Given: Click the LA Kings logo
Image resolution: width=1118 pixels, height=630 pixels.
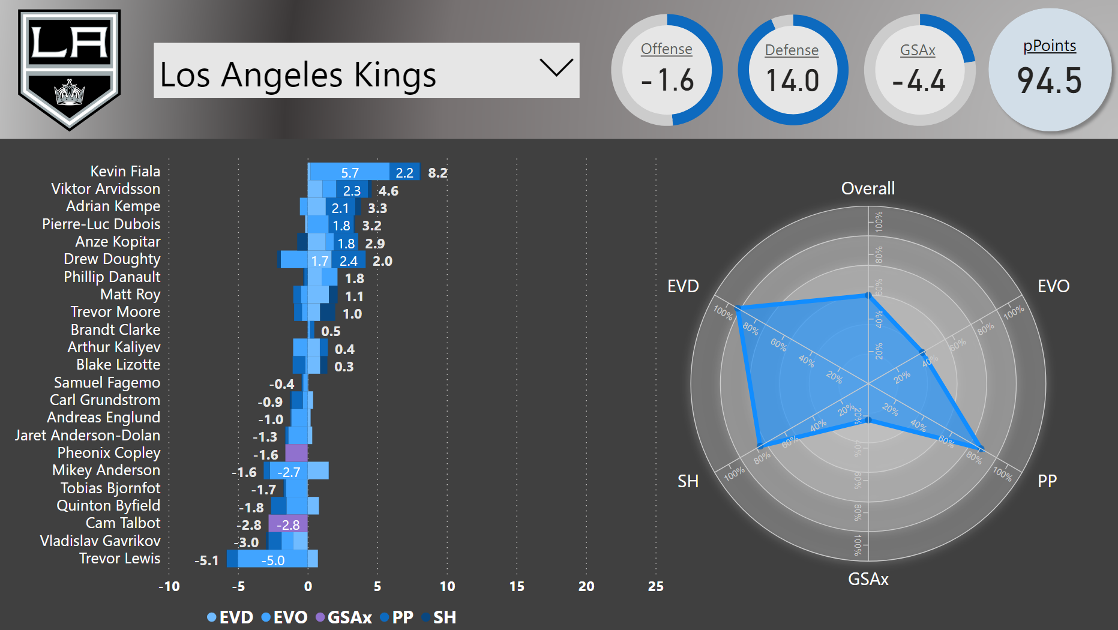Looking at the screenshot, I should pos(69,69).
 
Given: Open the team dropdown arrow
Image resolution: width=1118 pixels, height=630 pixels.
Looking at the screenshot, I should pos(556,67).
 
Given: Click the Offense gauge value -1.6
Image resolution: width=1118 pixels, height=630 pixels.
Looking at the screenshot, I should pos(667,80).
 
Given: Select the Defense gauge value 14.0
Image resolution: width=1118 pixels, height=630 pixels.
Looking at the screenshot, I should pos(792,81).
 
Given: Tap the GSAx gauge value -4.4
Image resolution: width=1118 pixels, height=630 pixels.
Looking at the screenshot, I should pos(919,81).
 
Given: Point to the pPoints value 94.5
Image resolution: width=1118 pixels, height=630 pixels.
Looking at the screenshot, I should pos(1050,81).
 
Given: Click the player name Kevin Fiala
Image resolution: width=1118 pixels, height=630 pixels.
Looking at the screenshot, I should pos(125,172).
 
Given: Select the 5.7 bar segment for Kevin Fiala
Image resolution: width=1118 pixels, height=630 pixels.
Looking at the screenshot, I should pos(349,173).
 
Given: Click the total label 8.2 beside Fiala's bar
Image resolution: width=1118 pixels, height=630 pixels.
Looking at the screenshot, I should pos(437,173).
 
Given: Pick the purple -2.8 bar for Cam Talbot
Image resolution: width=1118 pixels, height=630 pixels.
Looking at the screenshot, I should pos(288,525).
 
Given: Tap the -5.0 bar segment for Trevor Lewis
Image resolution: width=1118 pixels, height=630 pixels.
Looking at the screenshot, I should pos(272,560).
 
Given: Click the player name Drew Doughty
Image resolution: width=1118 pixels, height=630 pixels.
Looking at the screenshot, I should pos(112,259).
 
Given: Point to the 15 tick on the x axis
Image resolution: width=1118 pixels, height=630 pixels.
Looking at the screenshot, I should pos(517,586).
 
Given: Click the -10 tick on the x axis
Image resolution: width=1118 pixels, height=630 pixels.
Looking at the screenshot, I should pos(169,586).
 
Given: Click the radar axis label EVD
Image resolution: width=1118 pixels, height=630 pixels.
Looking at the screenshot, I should pos(683,286).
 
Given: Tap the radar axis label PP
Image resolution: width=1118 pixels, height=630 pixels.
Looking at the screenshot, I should pos(1047,481).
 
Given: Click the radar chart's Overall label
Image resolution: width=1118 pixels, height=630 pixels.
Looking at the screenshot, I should pos(868,188).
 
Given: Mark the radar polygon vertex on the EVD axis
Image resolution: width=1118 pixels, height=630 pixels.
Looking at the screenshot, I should pos(738,308).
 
